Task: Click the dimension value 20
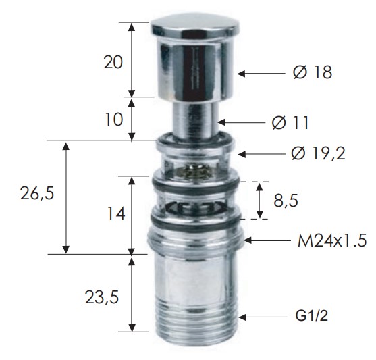click(113, 63)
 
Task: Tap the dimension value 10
click(114, 120)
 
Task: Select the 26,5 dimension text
click(37, 194)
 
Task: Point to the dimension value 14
click(116, 213)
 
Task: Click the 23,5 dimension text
click(102, 298)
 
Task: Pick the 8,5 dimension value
click(286, 201)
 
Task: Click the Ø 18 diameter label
click(313, 72)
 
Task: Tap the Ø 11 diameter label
click(290, 123)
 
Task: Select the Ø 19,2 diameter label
click(319, 153)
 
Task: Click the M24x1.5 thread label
click(332, 240)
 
